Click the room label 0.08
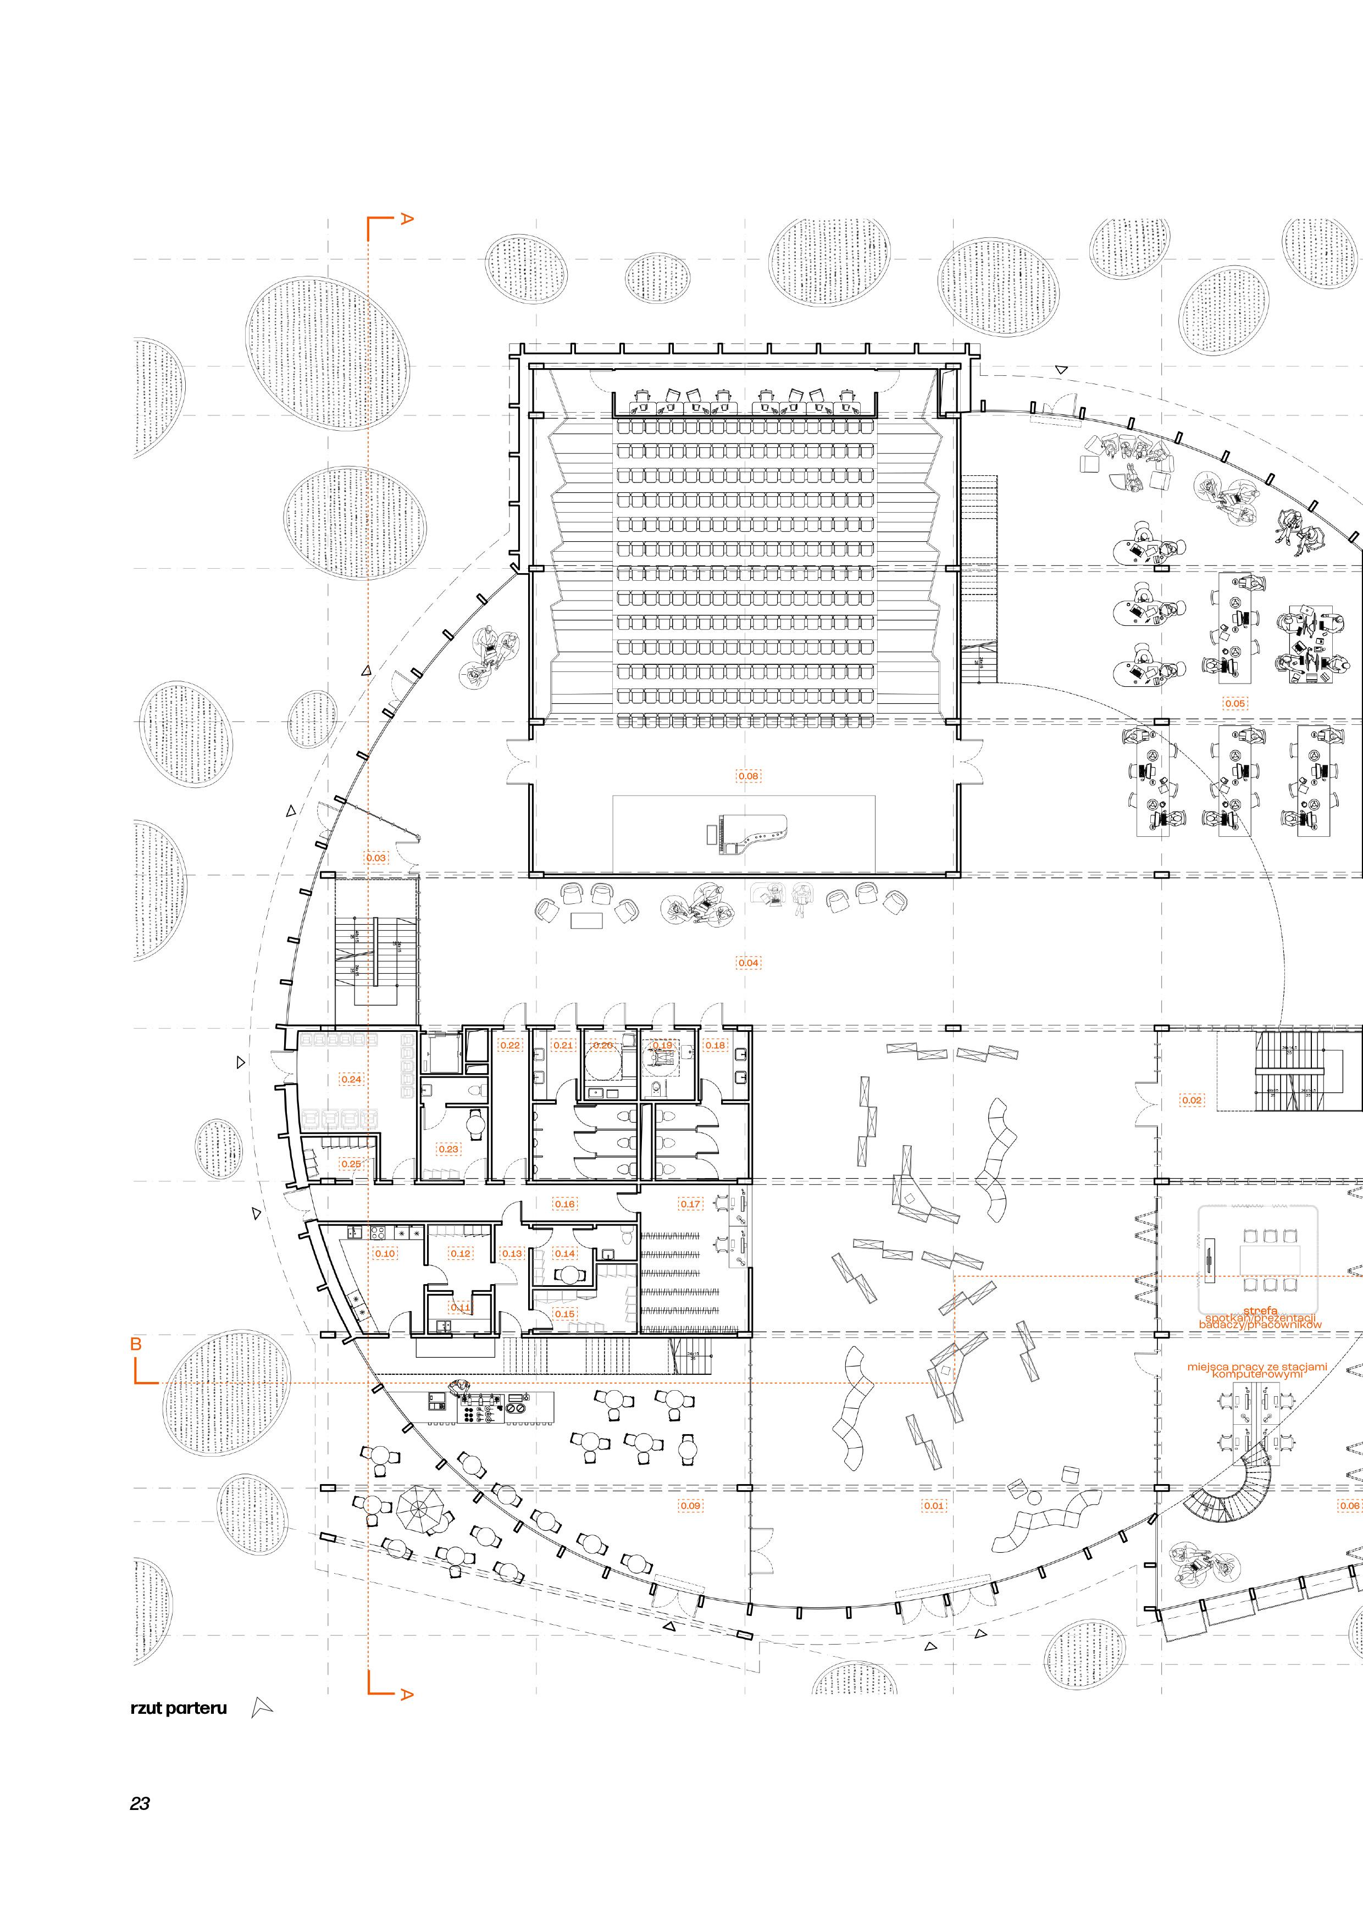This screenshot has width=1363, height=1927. tap(748, 776)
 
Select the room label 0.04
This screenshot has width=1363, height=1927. tap(748, 963)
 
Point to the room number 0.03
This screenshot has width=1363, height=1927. tap(376, 858)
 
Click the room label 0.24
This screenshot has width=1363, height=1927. tap(352, 1079)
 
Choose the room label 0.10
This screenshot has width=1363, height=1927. tap(385, 1253)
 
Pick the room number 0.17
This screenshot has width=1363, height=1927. tap(690, 1204)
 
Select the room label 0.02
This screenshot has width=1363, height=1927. tap(1191, 1100)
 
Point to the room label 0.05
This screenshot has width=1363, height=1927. tap(1234, 703)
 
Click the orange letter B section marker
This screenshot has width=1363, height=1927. tap(136, 1343)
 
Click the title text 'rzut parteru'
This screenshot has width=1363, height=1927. tap(179, 1708)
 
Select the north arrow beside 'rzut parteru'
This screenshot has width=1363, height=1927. tap(262, 1708)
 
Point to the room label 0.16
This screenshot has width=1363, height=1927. tap(564, 1204)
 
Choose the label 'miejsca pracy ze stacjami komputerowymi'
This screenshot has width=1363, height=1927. tap(1256, 1370)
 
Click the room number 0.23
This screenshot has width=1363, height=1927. tap(448, 1149)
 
